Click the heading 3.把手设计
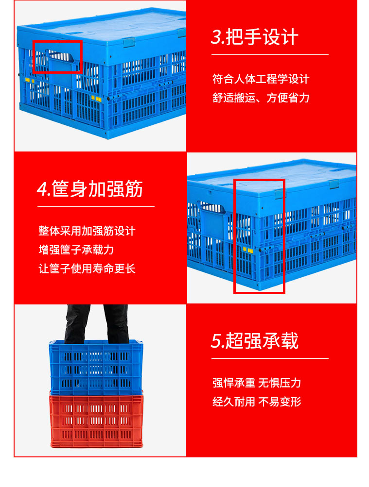254,37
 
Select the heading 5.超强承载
254,341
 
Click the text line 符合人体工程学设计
261,79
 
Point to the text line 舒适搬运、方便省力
261,98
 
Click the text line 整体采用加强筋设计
87,231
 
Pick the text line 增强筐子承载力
76,250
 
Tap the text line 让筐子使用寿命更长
87,269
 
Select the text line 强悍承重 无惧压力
256,383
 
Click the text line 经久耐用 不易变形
256,402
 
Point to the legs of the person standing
96,323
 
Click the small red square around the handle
57,56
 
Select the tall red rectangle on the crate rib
259,236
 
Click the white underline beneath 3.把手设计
270,55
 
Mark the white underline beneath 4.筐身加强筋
96,206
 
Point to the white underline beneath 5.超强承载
270,358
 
